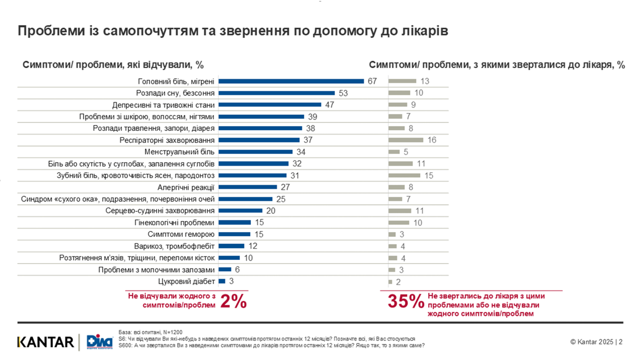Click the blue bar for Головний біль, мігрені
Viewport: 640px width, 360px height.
point(291,81)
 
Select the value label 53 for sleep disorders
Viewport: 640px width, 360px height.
point(342,93)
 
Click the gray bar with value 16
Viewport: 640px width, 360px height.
point(405,140)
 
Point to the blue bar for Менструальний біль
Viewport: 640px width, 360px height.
point(255,151)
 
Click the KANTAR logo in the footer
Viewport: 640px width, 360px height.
point(45,342)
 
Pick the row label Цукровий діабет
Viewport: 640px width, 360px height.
point(186,281)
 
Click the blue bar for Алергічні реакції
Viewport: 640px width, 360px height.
point(247,187)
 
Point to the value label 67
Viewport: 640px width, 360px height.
point(371,81)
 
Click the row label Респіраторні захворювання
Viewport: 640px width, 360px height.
point(167,140)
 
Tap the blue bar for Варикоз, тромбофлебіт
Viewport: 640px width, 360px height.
point(231,246)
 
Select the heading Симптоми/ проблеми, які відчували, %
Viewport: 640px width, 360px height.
point(113,65)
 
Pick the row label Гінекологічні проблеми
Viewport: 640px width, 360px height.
point(174,222)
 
